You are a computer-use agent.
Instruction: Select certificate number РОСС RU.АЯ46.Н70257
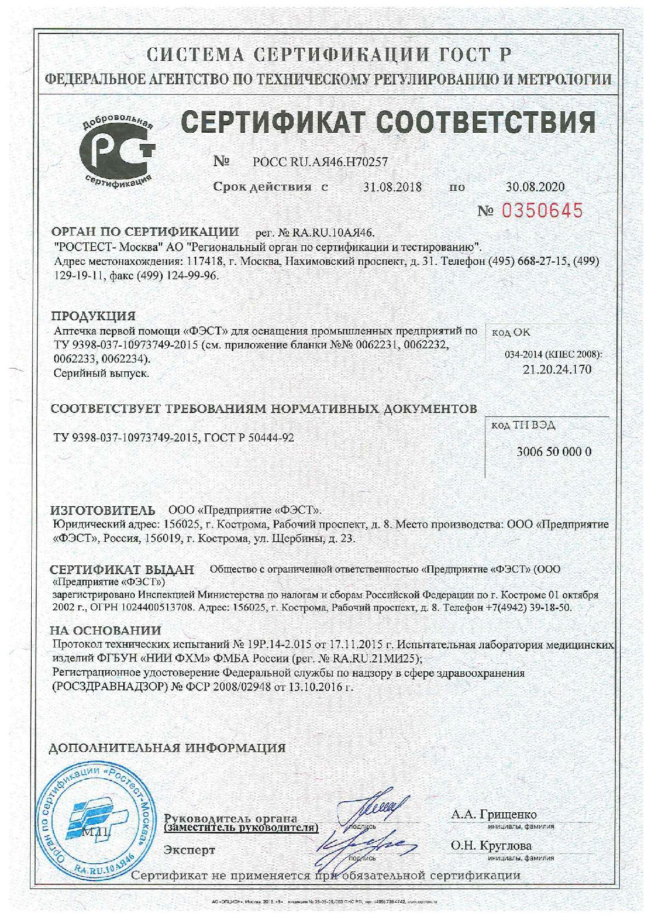coord(321,162)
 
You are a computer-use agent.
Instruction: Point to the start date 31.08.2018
coord(392,187)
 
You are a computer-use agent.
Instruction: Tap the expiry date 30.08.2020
coord(535,187)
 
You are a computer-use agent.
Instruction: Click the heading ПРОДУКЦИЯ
coord(93,316)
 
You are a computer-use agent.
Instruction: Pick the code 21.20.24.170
coord(557,369)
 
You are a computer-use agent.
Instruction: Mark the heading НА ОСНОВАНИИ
coord(106,631)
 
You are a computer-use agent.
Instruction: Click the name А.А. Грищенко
coord(494,814)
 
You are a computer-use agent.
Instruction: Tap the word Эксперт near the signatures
coord(190,851)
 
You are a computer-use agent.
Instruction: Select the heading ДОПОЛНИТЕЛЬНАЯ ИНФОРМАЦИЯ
coord(168,748)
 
